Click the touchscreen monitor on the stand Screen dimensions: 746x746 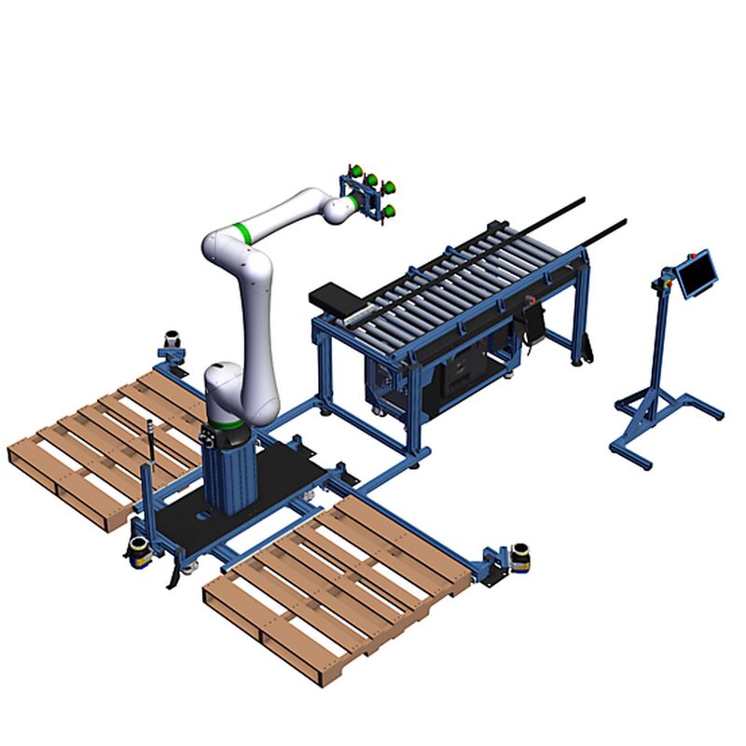697,273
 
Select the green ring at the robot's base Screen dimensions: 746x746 227,427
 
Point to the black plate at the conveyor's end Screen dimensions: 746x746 335,297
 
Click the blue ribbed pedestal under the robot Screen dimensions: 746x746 228,472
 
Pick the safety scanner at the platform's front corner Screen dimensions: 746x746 139,549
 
